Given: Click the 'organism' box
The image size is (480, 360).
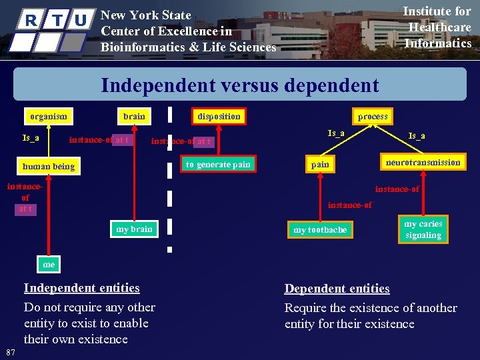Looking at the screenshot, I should pos(49,116).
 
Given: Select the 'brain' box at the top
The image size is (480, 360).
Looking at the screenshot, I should pos(134,116).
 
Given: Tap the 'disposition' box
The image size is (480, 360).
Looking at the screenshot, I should pos(219,116).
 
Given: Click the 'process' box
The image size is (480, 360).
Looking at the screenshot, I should pos(372,116).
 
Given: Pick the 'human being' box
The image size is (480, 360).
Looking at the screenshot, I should pos(49,166).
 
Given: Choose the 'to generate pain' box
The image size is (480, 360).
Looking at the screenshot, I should pos(218,164).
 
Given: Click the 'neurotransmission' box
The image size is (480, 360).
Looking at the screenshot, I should pos(423,162).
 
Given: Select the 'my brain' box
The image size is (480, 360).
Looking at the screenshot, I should pos(134,229).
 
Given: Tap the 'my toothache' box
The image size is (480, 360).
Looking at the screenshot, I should pos(320,230).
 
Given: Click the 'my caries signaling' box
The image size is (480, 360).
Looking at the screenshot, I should pos(423,229).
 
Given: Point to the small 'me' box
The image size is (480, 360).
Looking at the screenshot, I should pos(49,265).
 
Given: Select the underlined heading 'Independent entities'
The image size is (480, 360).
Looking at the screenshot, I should pos(81,288).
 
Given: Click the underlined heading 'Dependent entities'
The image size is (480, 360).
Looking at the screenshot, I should pos(337,289).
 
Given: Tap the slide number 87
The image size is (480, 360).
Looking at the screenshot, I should pos(10,351).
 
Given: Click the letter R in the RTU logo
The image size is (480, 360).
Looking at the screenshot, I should pos(30,21).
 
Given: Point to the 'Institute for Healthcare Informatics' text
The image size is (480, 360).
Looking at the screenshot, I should pos(439,27).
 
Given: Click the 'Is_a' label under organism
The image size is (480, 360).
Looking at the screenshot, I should pos(31,138).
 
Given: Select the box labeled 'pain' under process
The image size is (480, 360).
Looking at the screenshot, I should pos(320,164).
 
